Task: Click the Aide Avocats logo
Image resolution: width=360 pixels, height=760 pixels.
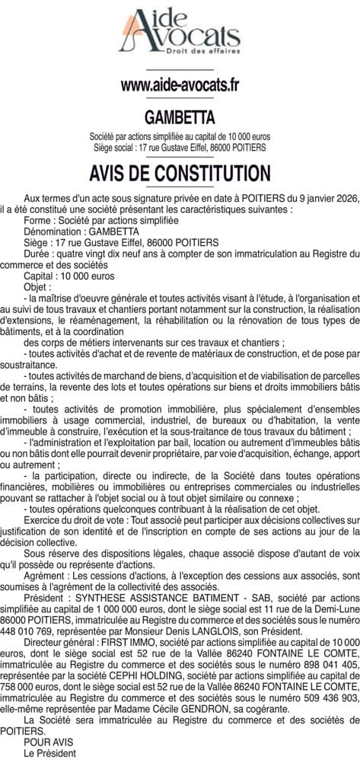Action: tap(180, 34)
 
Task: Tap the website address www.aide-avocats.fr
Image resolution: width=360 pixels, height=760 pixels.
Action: tap(180, 85)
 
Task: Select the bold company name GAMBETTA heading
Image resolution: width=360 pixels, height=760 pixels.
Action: tap(180, 117)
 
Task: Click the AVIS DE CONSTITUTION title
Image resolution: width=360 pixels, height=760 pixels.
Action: tap(180, 171)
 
